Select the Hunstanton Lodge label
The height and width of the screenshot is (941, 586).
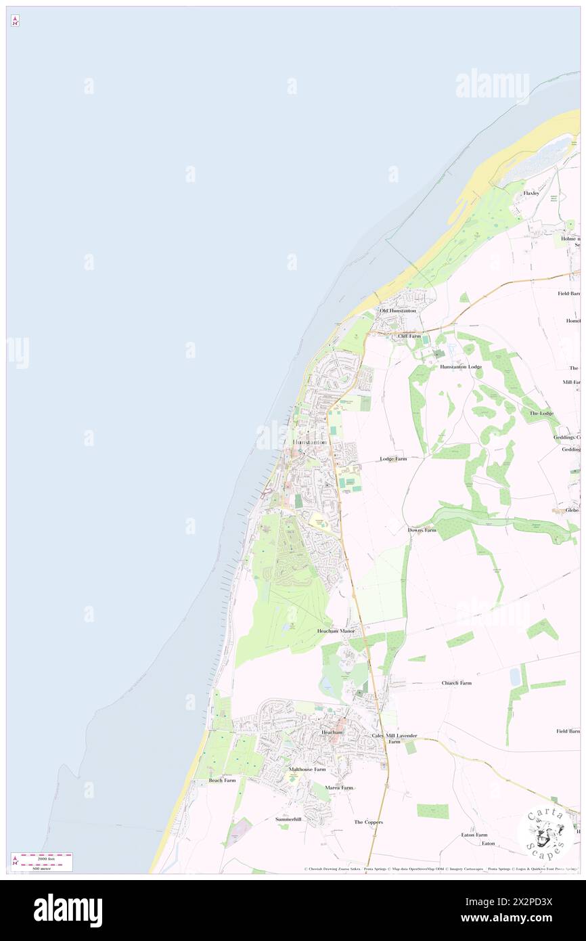[461, 366]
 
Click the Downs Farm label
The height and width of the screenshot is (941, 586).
[422, 530]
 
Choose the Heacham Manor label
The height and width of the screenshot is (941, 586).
[336, 631]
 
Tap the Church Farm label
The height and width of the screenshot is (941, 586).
[457, 683]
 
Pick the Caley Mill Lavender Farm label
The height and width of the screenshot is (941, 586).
[395, 738]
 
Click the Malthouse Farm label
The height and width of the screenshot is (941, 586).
[307, 770]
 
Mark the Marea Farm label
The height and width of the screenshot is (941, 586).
[339, 788]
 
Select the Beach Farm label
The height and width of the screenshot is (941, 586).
[222, 781]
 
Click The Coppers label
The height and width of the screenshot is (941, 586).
[369, 822]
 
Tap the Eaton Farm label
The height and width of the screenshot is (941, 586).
[474, 835]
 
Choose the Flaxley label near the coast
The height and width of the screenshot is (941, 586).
[531, 193]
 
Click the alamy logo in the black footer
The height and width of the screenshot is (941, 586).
[68, 910]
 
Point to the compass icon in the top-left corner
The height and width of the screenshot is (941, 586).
[14, 21]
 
